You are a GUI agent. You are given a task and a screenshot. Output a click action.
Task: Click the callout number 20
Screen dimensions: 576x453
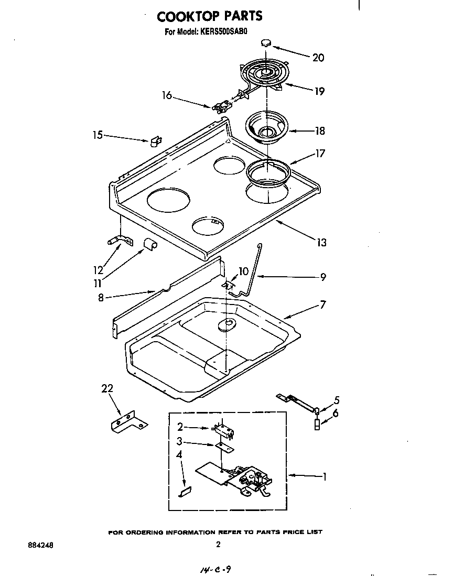pyautogui.click(x=318, y=58)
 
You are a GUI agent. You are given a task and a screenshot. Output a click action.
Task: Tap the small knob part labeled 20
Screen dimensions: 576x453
pyautogui.click(x=267, y=42)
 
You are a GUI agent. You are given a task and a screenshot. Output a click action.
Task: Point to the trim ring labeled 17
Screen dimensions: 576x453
pyautogui.click(x=267, y=173)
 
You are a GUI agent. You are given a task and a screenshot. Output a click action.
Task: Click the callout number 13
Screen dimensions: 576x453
pyautogui.click(x=321, y=242)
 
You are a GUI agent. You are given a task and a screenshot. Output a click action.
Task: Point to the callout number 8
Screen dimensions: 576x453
pyautogui.click(x=101, y=297)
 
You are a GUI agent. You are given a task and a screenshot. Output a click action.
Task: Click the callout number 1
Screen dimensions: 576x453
pyautogui.click(x=325, y=476)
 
